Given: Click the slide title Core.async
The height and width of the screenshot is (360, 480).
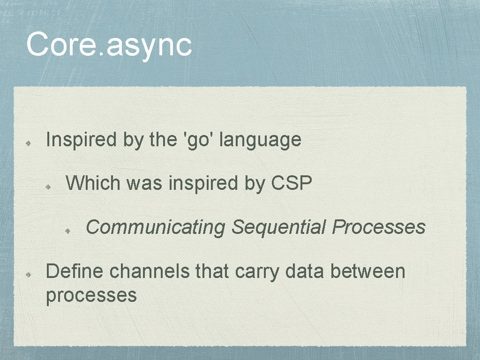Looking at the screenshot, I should click(x=109, y=45).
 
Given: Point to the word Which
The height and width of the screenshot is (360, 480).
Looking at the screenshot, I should click(x=93, y=183).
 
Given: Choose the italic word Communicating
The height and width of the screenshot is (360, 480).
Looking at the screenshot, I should click(x=156, y=227).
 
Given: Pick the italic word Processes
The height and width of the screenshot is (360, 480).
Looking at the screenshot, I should click(x=379, y=227).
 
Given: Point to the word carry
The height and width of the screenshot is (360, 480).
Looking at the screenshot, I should click(x=257, y=272).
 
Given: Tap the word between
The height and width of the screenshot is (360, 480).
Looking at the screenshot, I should click(x=367, y=271).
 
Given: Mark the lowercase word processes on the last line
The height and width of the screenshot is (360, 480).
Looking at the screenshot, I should click(x=91, y=295).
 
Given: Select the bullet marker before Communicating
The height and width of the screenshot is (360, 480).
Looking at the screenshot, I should click(x=68, y=230).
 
